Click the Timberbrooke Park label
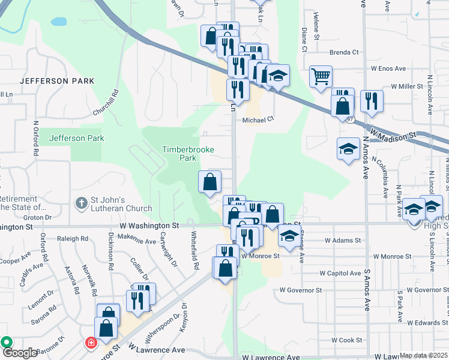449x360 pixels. [x=179, y=154]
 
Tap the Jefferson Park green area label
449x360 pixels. [x=77, y=138]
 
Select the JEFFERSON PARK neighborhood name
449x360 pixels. [x=57, y=80]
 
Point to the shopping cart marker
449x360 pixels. [x=321, y=76]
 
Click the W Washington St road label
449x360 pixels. [x=149, y=226]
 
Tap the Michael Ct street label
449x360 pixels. [x=258, y=120]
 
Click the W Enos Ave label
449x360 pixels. [x=390, y=69]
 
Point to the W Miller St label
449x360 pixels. [x=407, y=86]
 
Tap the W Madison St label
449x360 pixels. [x=393, y=133]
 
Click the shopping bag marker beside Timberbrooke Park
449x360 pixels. [x=210, y=182]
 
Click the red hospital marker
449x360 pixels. [x=91, y=344]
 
